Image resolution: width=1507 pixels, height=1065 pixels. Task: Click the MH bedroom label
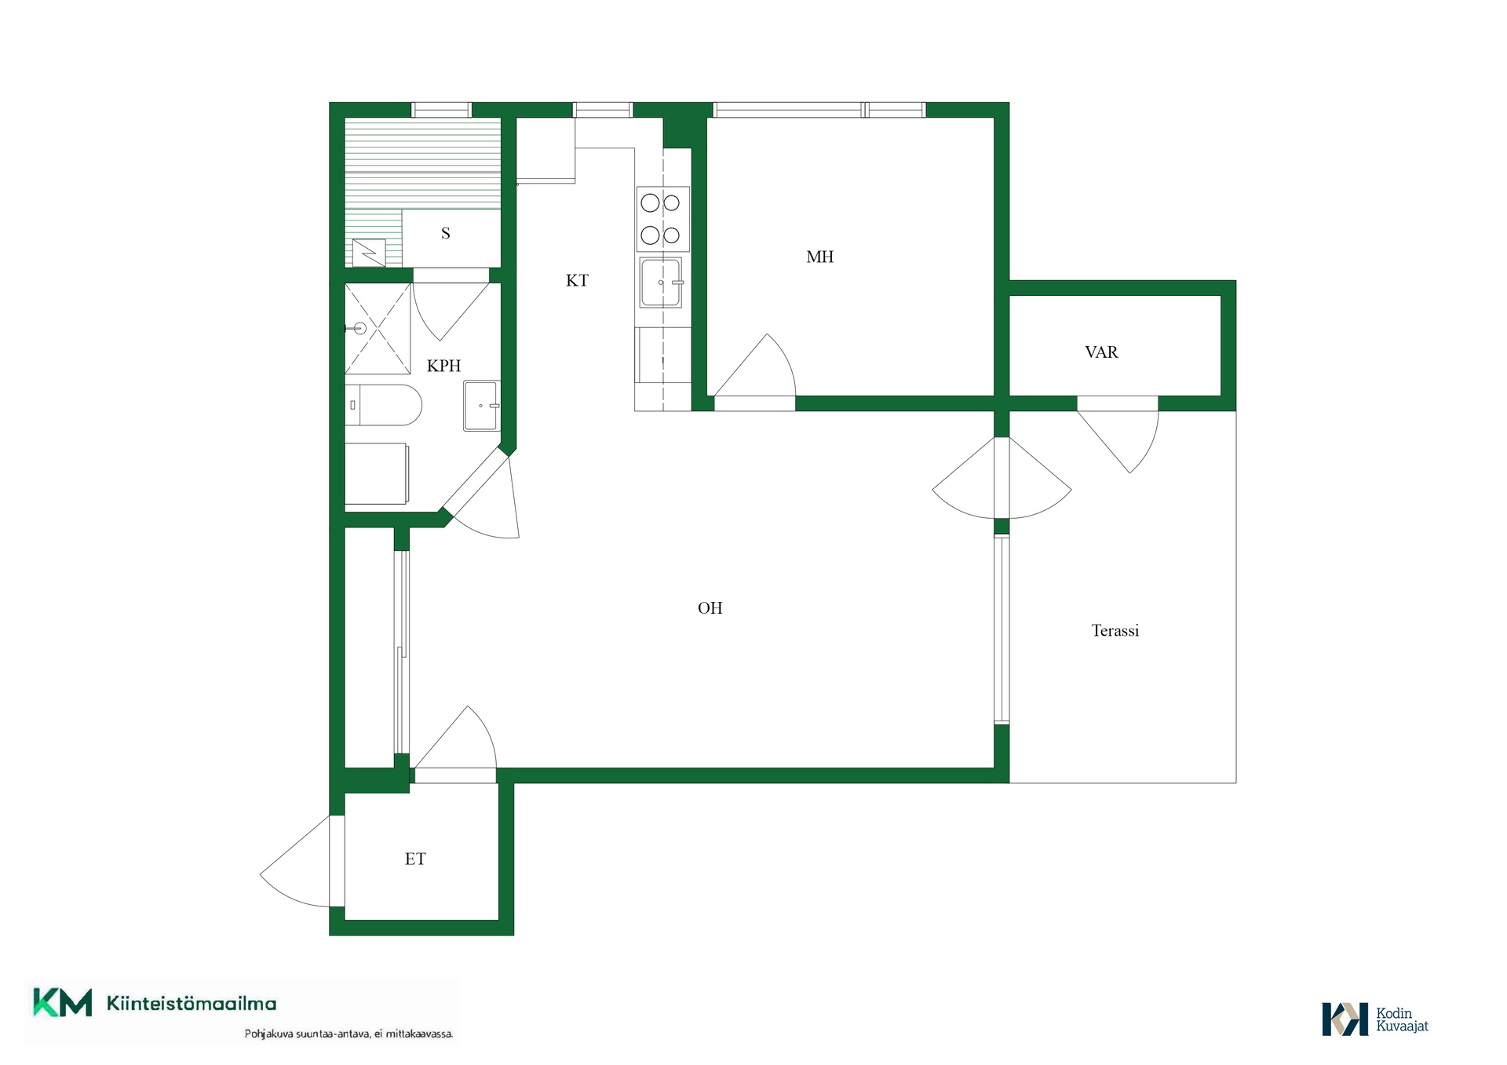point(819,257)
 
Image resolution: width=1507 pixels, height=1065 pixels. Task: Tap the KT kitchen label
point(577,280)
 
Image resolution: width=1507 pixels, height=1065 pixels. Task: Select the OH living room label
point(710,607)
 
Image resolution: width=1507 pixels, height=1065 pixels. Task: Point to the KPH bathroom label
point(443,366)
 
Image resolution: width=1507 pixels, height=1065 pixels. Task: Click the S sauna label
point(446,233)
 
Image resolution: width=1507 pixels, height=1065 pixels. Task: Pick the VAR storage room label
point(1101,352)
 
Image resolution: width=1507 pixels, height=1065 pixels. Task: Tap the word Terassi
point(1115,630)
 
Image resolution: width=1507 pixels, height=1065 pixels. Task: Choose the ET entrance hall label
point(415,859)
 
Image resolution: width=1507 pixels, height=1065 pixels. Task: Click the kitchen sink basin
point(661,283)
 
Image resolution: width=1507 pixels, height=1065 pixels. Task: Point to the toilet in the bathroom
point(383,405)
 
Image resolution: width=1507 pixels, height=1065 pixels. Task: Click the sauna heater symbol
point(369,253)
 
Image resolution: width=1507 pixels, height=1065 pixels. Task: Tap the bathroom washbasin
point(481,406)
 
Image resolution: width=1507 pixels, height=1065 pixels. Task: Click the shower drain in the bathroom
point(360,329)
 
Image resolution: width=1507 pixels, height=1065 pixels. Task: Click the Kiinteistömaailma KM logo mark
point(62,1003)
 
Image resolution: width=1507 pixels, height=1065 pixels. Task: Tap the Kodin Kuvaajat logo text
point(1402,1019)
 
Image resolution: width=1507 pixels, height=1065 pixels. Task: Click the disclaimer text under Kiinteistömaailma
point(348,1034)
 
